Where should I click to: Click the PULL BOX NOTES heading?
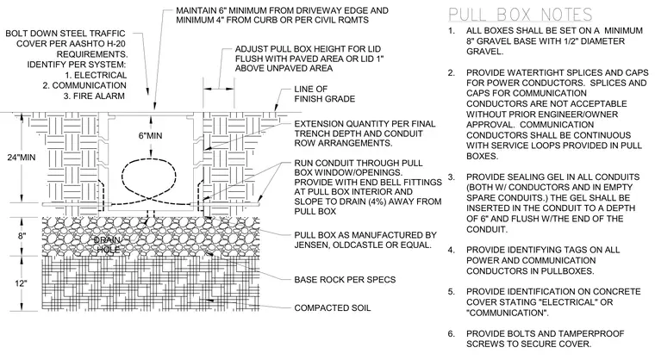click(521, 15)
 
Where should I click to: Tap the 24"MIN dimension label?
click(22, 158)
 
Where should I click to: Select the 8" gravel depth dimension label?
click(22, 236)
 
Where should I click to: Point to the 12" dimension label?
click(21, 283)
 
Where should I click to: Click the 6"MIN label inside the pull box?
click(150, 136)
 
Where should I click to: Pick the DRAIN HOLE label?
click(108, 245)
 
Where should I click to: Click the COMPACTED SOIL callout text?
click(333, 308)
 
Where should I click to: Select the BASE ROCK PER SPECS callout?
click(345, 280)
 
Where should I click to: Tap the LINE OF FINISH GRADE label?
click(325, 94)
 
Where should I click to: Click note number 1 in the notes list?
click(451, 31)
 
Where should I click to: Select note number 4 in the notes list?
click(451, 250)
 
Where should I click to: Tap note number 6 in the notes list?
click(451, 334)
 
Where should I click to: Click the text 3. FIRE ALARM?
click(94, 96)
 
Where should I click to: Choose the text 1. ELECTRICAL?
click(96, 76)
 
